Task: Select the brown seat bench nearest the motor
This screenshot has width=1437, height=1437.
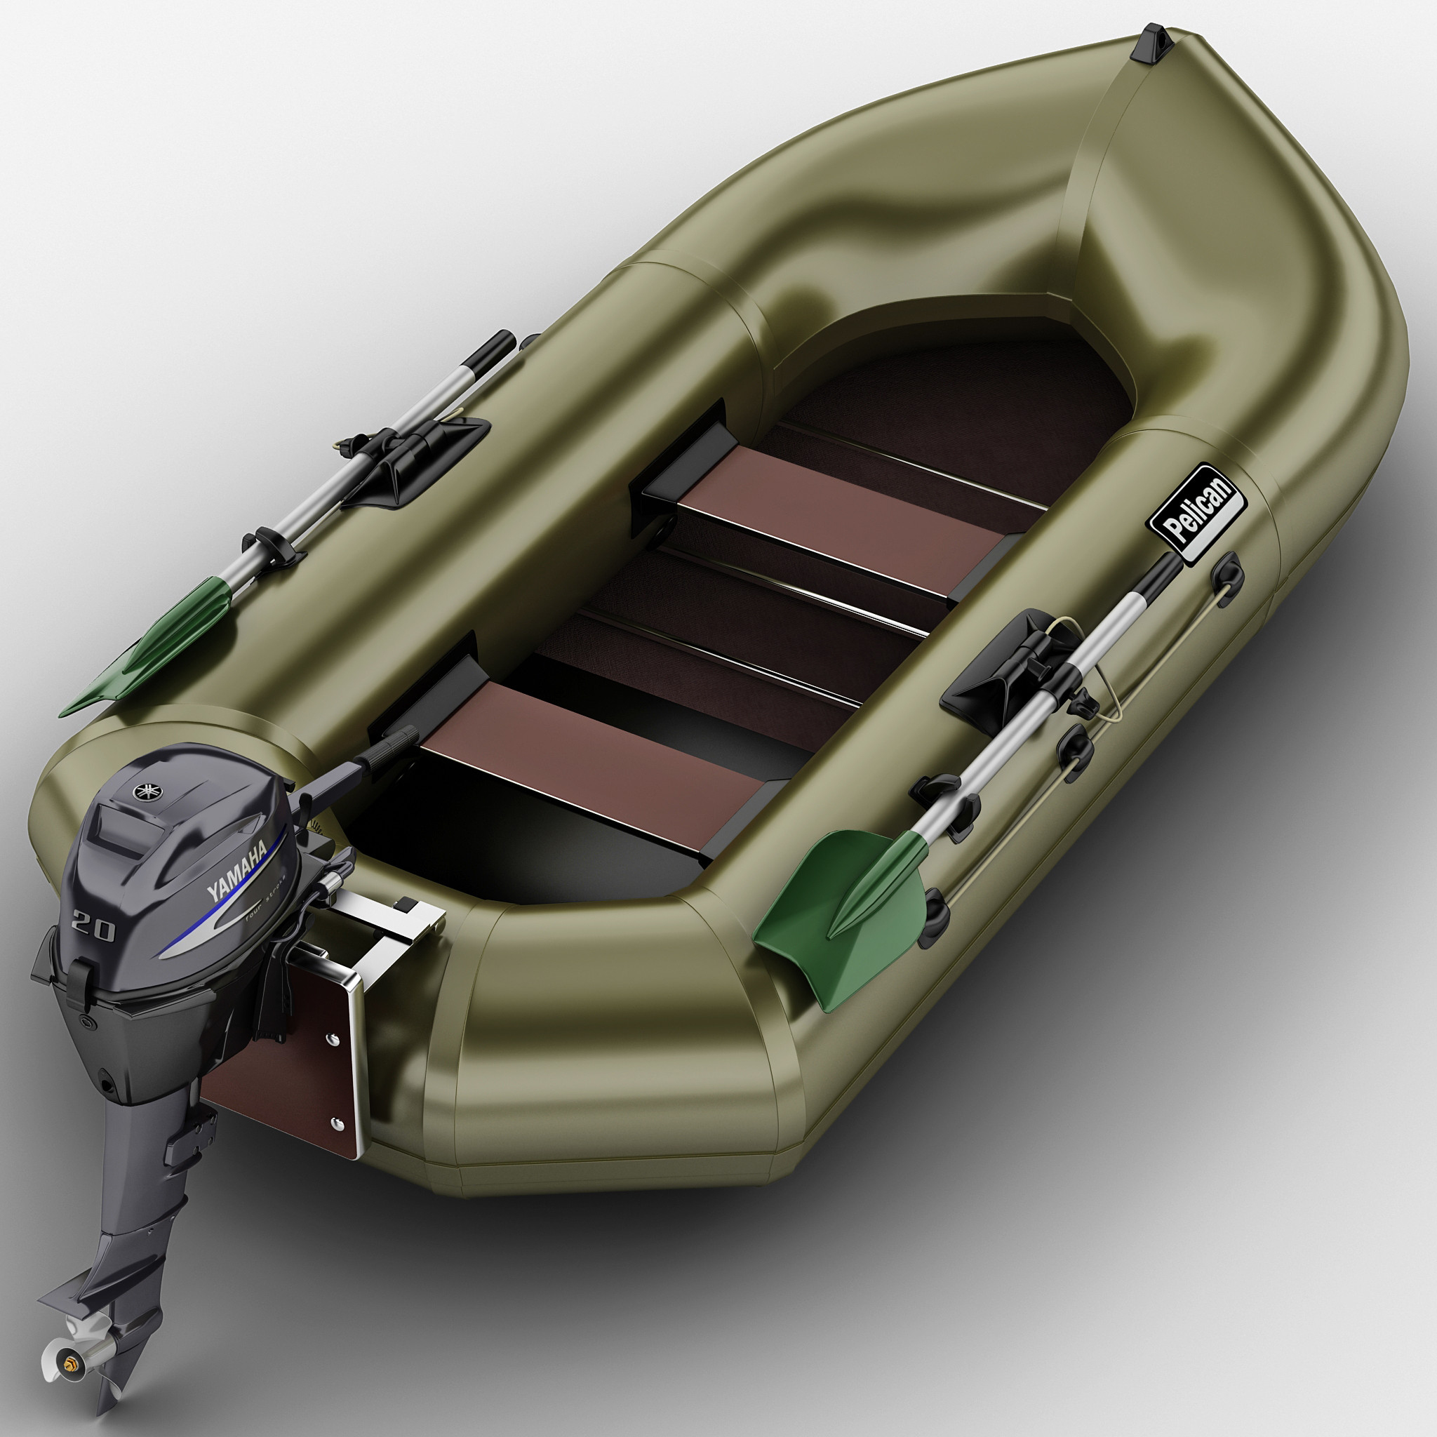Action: pos(587,758)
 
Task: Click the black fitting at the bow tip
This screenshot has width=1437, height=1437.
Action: pos(1151,41)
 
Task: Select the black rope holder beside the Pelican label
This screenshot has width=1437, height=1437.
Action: pos(1227,573)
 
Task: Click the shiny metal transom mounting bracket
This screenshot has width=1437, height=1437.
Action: pos(387,922)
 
